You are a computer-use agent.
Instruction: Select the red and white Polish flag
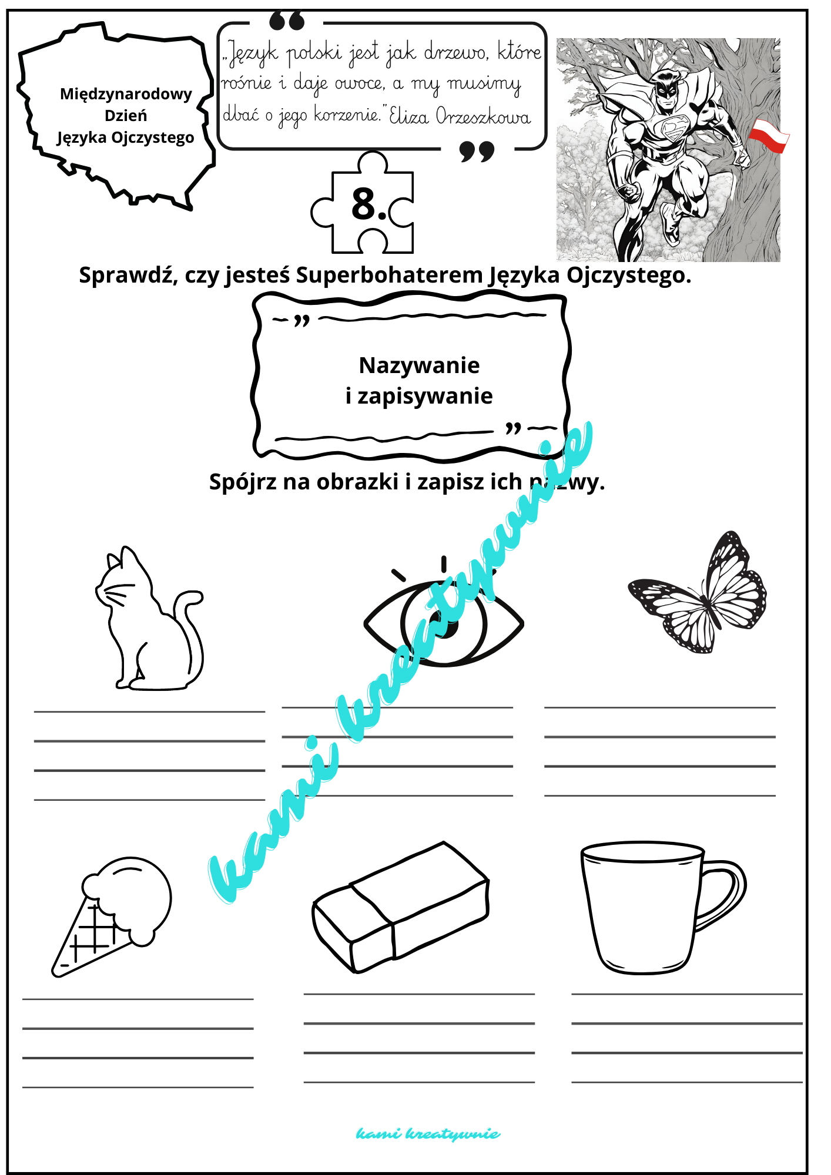pos(769,135)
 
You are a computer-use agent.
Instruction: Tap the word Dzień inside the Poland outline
pos(126,116)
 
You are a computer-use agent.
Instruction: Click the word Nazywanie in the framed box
pos(419,365)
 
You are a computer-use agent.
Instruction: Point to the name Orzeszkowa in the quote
pos(483,116)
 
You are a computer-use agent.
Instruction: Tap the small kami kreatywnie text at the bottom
pos(428,1133)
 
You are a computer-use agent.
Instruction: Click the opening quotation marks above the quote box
pos(287,22)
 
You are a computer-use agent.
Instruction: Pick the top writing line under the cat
pos(149,711)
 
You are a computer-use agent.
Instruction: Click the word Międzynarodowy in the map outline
pos(126,94)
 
